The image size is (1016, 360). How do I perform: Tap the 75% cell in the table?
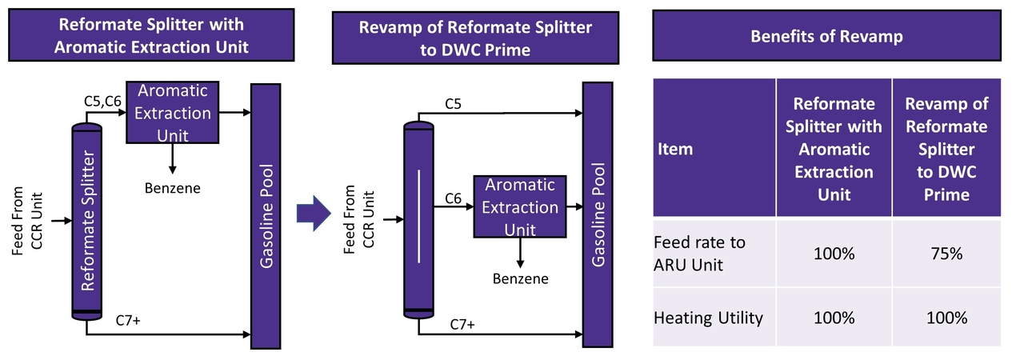[946, 254]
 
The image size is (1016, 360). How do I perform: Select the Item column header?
[677, 149]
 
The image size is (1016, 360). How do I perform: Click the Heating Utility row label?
[708, 318]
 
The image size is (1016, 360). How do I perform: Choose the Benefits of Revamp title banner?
[827, 37]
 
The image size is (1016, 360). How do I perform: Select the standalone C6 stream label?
[453, 197]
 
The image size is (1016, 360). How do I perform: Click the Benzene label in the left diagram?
[172, 189]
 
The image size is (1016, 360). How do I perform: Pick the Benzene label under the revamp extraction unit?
[521, 278]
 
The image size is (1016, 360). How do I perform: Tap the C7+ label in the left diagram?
[129, 322]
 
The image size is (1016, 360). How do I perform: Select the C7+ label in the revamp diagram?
[462, 324]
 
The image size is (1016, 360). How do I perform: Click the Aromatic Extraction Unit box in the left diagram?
[173, 114]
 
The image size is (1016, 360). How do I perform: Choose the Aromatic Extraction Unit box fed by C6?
[520, 207]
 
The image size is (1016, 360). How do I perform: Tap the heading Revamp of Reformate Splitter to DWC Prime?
[475, 38]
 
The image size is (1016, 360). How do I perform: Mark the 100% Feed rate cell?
[834, 254]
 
